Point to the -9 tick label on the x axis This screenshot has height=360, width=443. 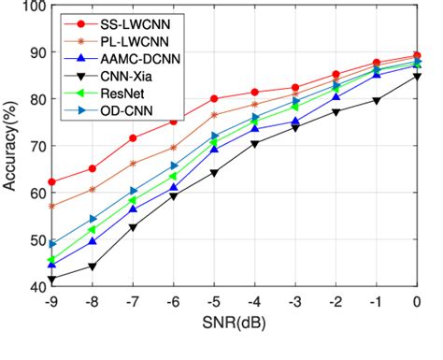pos(52,302)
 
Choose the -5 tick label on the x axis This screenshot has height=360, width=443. pos(214,302)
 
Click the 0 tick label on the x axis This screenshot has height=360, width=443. pos(417,302)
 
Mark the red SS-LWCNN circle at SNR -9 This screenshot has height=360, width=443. pos(52,182)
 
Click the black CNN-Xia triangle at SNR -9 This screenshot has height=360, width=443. pos(52,280)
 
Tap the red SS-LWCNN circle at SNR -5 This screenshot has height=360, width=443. pos(214,98)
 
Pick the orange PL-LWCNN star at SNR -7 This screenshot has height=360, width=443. pos(133,164)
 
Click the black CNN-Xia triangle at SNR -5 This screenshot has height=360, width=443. pos(214,173)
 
